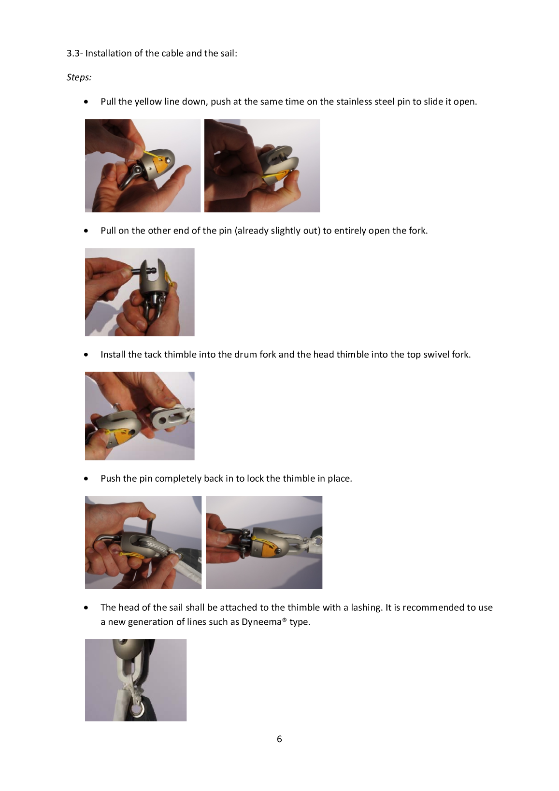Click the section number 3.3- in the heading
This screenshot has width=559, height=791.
pos(74,53)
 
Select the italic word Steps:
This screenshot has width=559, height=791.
pos(79,77)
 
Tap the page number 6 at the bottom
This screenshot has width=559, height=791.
pos(279,739)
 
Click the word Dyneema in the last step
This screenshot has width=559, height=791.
pos(264,622)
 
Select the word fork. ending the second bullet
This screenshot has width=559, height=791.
pos(418,230)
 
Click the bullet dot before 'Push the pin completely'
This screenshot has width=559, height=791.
pos(86,479)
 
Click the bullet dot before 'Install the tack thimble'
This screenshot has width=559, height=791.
pos(86,355)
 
